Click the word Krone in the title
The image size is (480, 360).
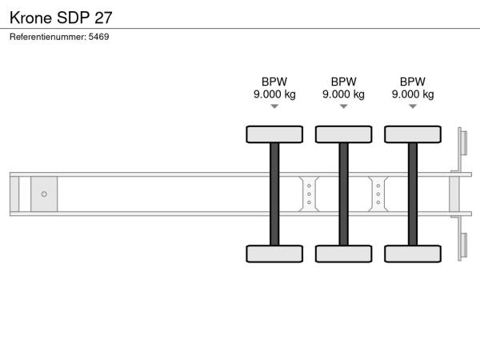click(30, 18)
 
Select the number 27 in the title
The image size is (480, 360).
click(103, 18)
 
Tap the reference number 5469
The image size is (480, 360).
click(98, 37)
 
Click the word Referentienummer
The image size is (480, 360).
click(48, 37)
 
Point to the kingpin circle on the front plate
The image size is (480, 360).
click(44, 194)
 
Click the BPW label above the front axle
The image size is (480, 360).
click(274, 82)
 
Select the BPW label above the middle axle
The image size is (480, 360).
click(343, 82)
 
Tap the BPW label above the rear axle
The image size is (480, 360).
click(413, 82)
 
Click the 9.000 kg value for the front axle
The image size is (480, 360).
click(274, 94)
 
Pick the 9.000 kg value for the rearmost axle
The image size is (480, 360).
click(413, 94)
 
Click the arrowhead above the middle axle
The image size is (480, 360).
click(343, 106)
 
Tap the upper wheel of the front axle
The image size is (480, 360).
click(274, 134)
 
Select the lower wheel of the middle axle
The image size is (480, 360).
click(344, 254)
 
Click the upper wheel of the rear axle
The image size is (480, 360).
click(413, 134)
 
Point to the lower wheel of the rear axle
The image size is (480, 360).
click(413, 254)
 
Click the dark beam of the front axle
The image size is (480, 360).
click(274, 194)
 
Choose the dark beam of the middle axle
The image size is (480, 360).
click(343, 194)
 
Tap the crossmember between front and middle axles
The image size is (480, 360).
click(309, 194)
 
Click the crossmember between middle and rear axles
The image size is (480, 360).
click(378, 194)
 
